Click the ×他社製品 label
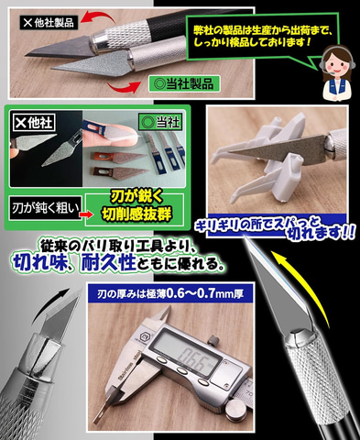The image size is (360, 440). pos(49,22)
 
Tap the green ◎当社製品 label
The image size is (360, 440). pos(184,83)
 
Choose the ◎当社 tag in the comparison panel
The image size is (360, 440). pos(160,122)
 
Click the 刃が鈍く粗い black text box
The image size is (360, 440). pos(45,208)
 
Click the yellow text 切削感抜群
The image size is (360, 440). pos(136,214)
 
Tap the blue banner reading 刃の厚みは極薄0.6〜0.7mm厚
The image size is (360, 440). pos(170,294)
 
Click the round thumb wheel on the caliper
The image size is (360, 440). pos(236,409)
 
